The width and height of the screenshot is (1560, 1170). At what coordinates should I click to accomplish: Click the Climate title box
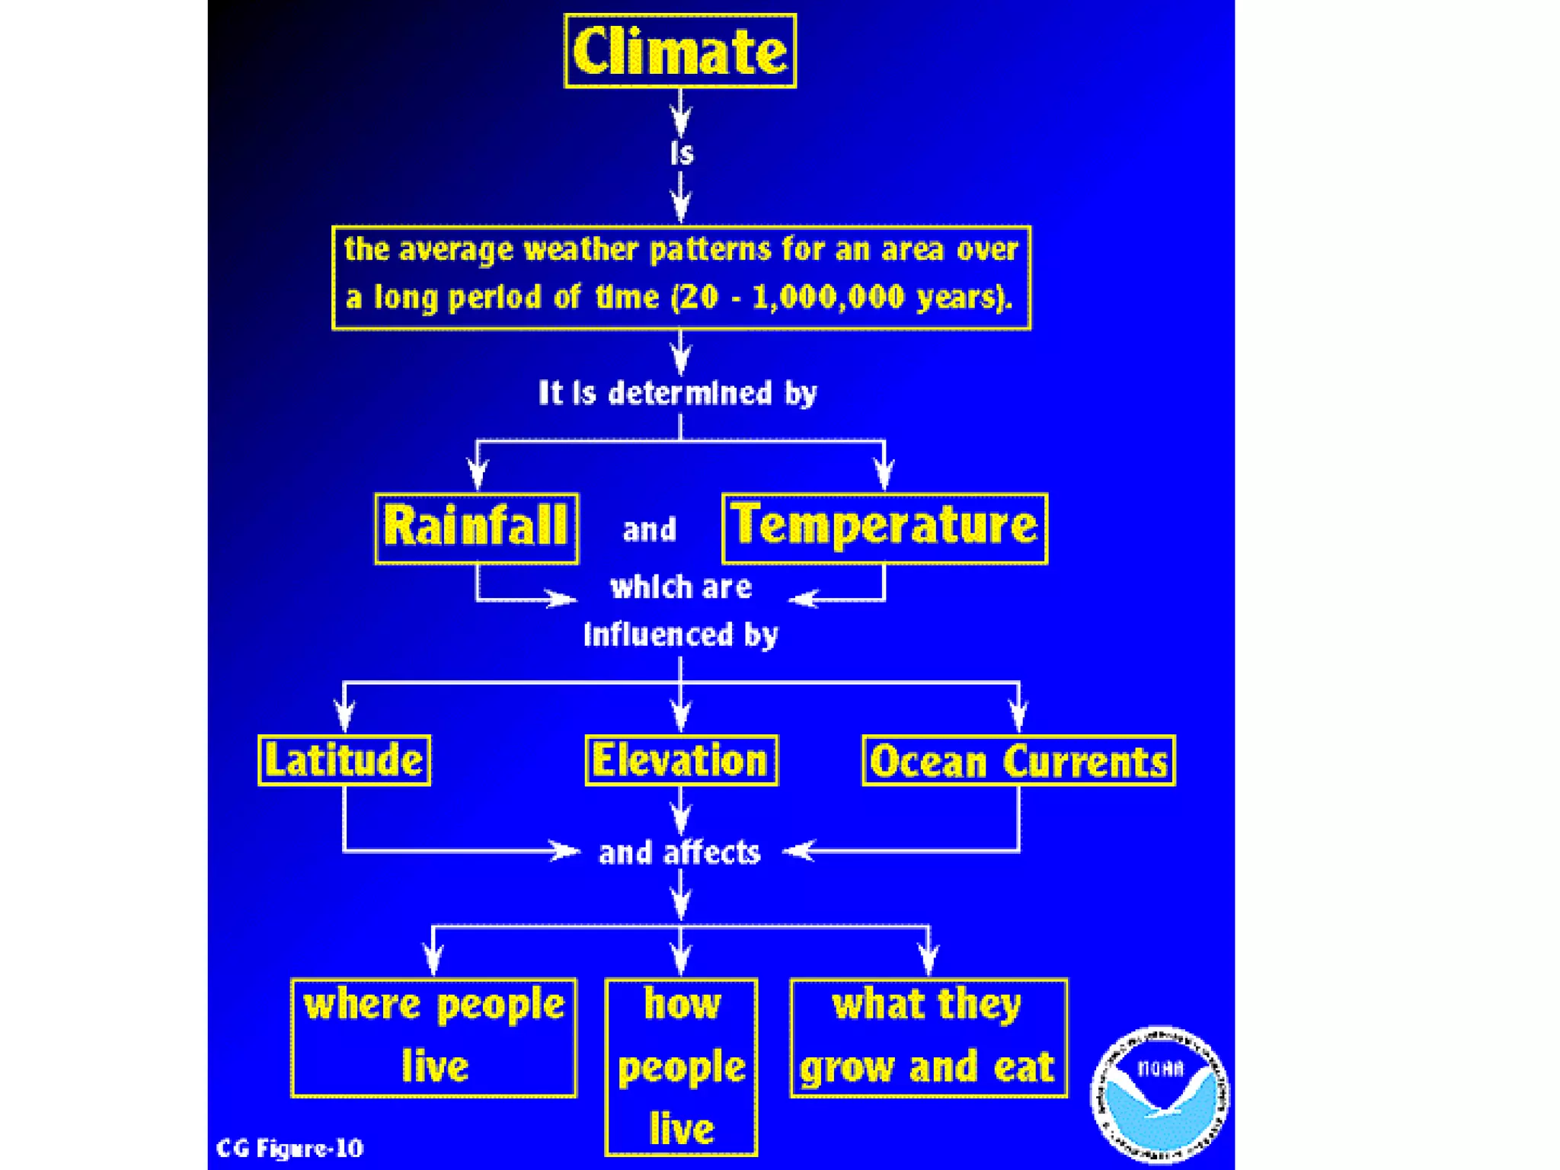(x=679, y=51)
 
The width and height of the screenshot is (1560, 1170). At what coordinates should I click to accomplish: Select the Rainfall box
(x=476, y=528)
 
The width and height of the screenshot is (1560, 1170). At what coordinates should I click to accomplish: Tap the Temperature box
(x=884, y=528)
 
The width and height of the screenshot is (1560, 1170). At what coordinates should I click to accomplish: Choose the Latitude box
(x=344, y=760)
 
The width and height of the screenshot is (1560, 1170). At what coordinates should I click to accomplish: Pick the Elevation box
(x=681, y=760)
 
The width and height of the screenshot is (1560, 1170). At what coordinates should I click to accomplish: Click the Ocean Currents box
(x=1018, y=760)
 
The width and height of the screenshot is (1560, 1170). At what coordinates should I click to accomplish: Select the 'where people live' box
(x=433, y=1037)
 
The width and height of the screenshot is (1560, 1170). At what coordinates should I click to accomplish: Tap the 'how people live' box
(x=681, y=1066)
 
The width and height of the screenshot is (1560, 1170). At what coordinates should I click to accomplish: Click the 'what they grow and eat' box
(x=929, y=1037)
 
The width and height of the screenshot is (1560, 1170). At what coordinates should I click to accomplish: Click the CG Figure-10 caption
(x=289, y=1148)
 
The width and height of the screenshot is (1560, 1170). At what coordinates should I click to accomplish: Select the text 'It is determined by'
(x=677, y=393)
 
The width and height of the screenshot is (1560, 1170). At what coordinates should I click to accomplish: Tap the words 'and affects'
(x=679, y=852)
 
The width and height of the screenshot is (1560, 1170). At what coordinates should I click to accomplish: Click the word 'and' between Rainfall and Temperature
(x=649, y=529)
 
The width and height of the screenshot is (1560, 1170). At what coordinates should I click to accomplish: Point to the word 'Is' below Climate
(x=682, y=153)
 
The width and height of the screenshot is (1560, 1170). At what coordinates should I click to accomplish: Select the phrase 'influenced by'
(x=681, y=635)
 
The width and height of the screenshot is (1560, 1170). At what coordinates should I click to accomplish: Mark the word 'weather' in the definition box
(x=581, y=250)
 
